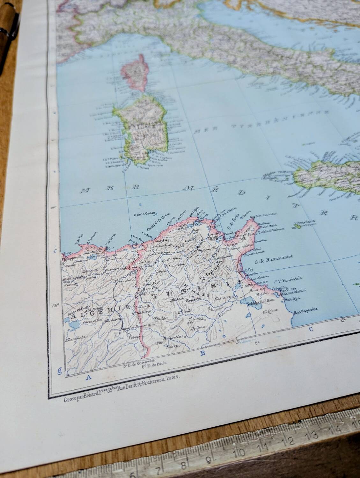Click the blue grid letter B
point(202,353)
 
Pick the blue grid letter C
point(310,329)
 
